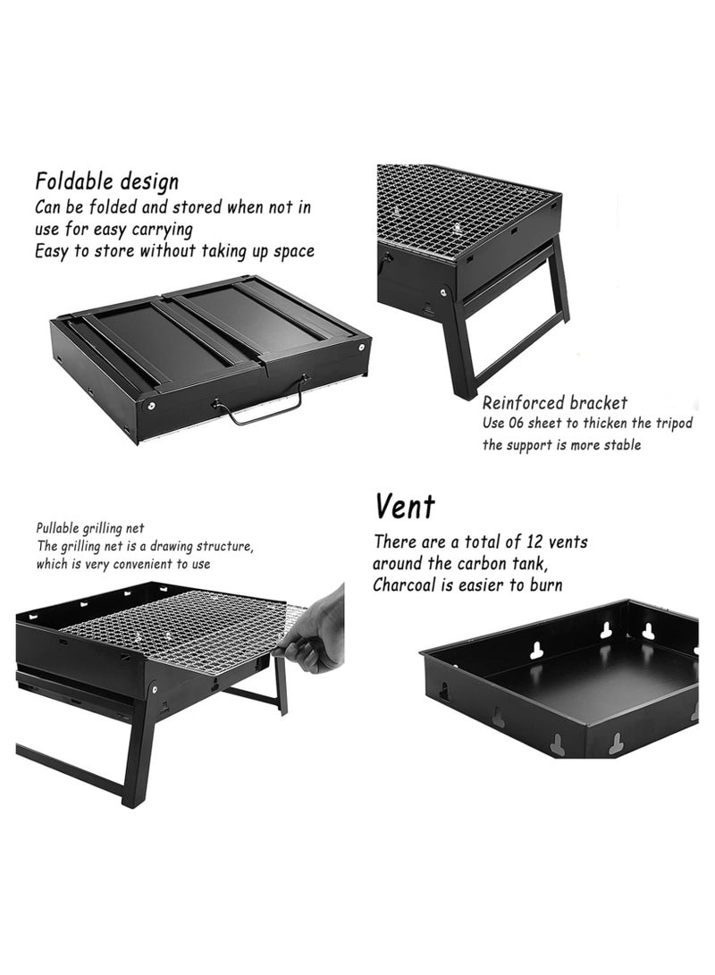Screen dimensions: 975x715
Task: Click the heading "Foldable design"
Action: [x=107, y=181]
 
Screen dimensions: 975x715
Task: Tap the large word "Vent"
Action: [x=405, y=507]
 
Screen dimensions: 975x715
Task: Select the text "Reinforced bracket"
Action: [x=555, y=403]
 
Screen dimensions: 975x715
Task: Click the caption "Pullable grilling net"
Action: [x=90, y=528]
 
